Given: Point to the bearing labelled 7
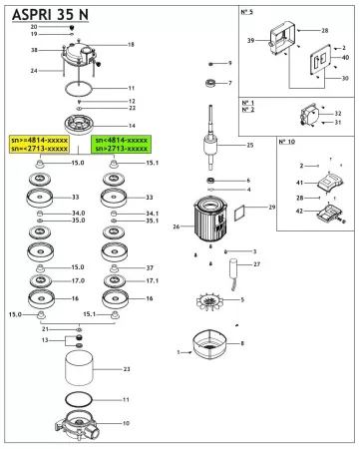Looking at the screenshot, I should tap(212, 83).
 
